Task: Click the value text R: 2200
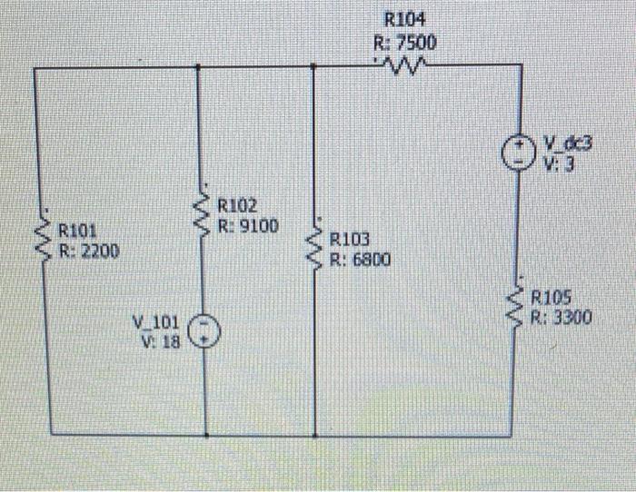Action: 88,251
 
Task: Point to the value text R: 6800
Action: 361,260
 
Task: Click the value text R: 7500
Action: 404,42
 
